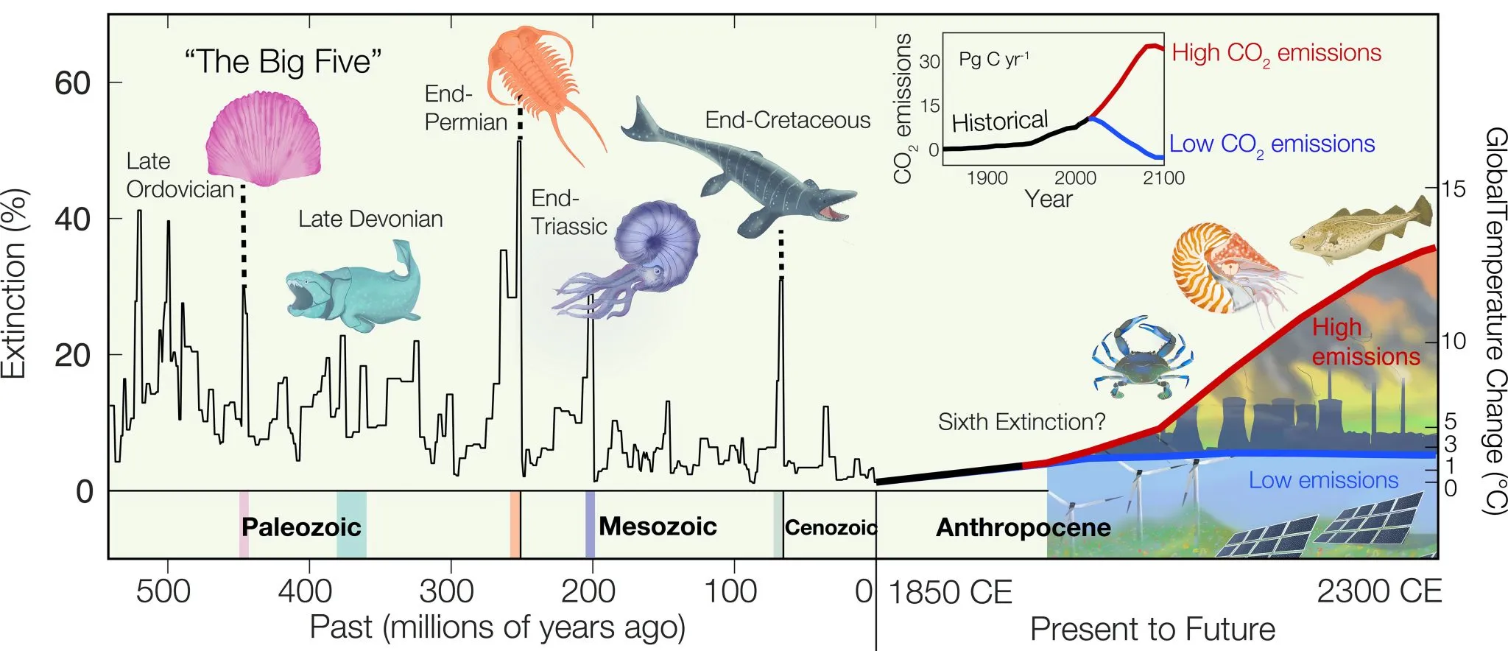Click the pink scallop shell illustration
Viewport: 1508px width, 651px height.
[263, 140]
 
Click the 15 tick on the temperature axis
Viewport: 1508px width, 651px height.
[1453, 189]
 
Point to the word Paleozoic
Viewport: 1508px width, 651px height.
[301, 527]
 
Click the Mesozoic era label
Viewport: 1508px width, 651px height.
[658, 527]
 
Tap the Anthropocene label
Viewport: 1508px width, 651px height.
[1023, 527]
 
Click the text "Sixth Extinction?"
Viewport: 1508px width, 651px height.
[1021, 422]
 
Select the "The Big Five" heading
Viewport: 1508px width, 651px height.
[283, 62]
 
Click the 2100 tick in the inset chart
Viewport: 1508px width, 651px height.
[1164, 178]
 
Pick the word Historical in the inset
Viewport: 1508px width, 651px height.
[999, 122]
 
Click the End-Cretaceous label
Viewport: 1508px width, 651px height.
[787, 120]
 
